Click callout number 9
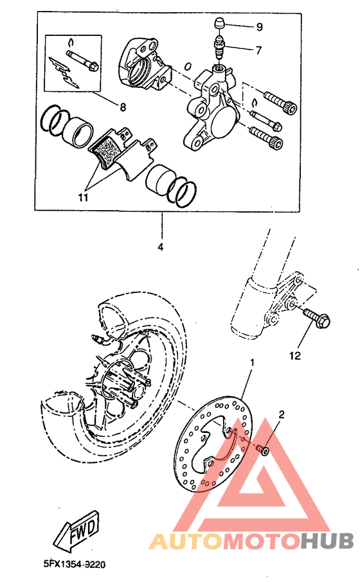[259, 27]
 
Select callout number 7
[259, 49]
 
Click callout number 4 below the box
[161, 246]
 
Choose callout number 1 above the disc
[252, 362]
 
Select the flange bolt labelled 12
[313, 317]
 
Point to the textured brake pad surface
[105, 153]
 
